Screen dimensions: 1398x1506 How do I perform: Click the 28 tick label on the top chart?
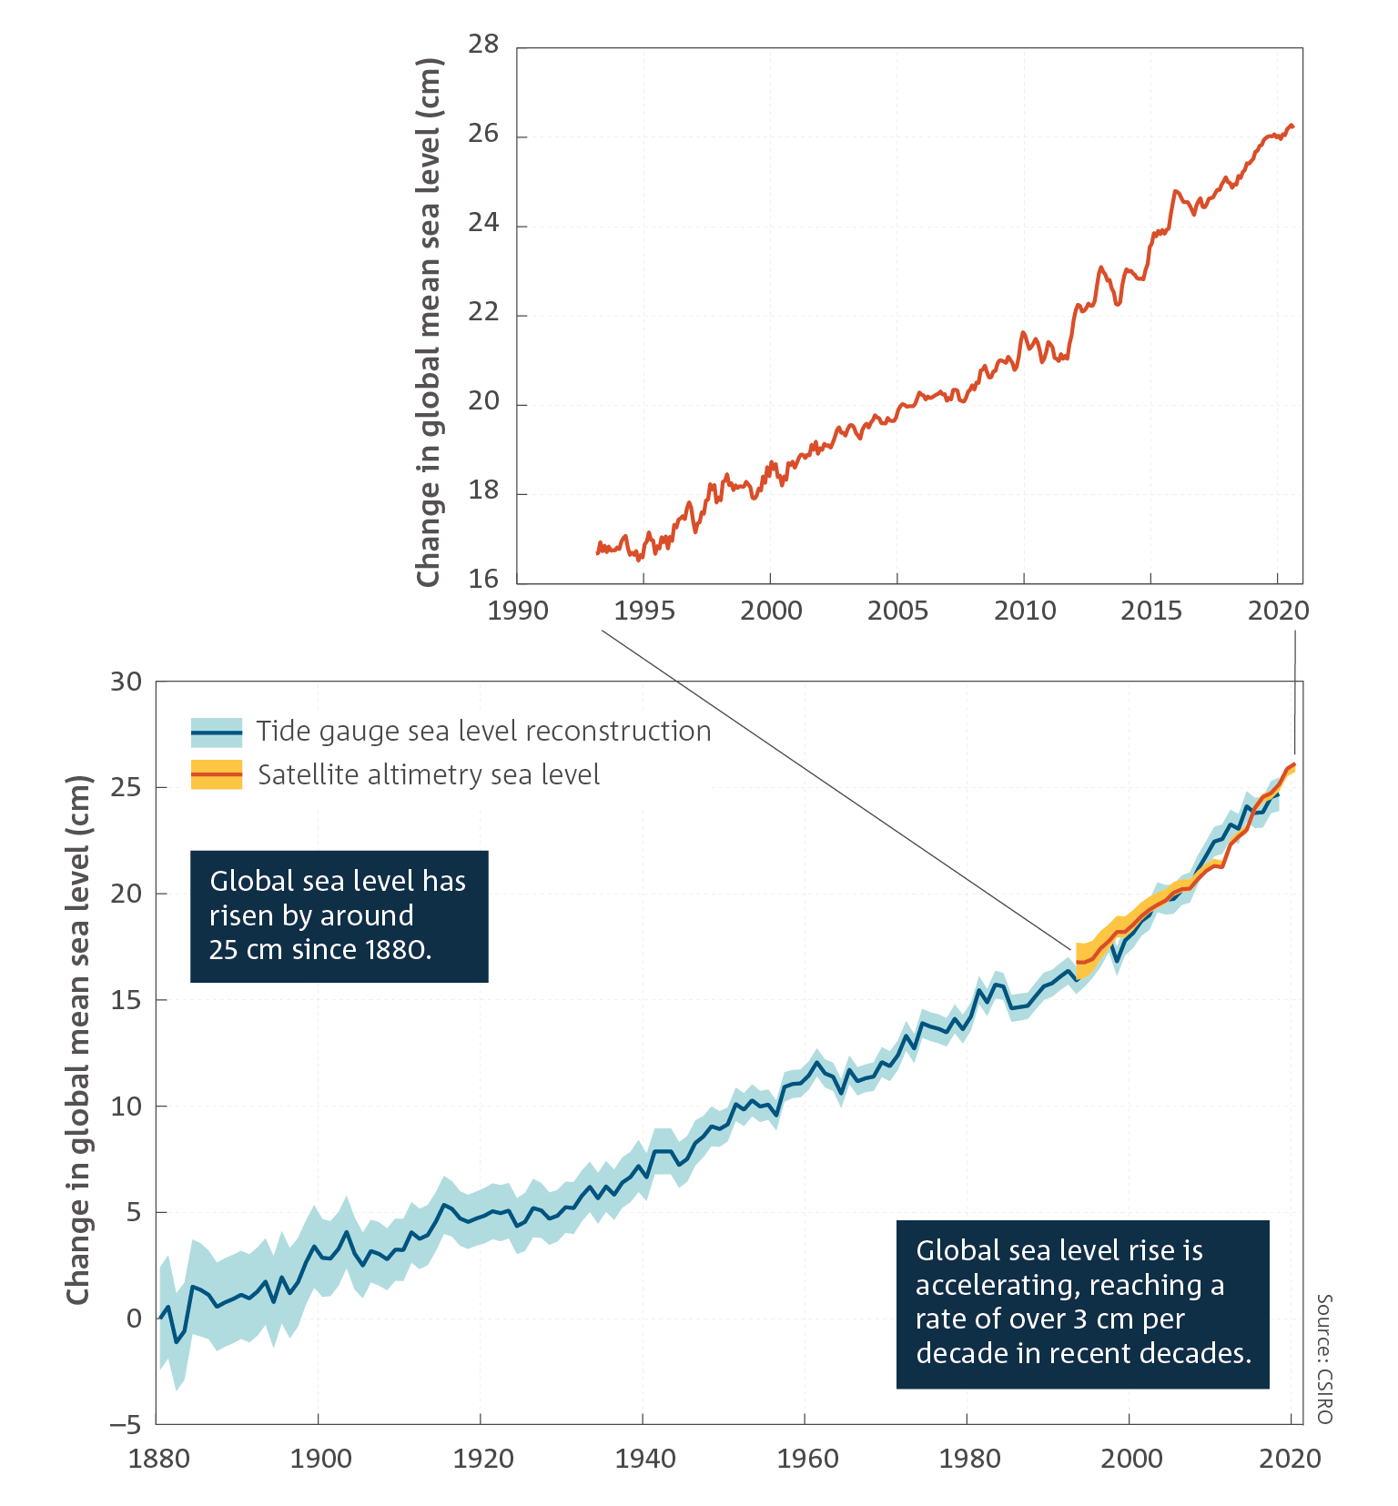(483, 44)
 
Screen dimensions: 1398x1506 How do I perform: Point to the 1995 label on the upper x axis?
(644, 610)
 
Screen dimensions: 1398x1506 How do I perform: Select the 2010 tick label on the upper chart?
(1025, 610)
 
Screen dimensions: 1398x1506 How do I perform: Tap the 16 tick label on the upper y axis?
(483, 579)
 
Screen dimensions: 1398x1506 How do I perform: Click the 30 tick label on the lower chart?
(127, 682)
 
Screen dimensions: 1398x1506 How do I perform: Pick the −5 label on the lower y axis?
(127, 1424)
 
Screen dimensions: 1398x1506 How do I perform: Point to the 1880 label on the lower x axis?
(158, 1459)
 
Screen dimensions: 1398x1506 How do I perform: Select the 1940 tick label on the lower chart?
(645, 1459)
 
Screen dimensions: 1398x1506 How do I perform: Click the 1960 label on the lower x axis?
(807, 1459)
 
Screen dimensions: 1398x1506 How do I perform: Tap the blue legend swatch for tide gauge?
(217, 732)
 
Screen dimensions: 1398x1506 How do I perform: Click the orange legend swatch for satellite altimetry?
(217, 774)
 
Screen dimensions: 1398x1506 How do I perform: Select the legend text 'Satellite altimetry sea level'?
(429, 774)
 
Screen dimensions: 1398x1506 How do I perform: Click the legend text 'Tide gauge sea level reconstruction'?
(483, 732)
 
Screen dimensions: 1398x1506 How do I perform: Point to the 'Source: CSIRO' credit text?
(1324, 1359)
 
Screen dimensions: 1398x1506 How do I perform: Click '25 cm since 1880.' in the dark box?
(320, 949)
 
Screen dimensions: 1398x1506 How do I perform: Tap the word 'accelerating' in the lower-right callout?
(998, 1285)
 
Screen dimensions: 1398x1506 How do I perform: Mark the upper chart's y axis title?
(429, 322)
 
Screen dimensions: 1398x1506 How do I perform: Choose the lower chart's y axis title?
(79, 1040)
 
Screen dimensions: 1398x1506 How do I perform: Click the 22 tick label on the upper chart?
(483, 311)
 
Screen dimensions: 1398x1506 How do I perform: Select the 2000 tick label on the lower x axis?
(1131, 1459)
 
